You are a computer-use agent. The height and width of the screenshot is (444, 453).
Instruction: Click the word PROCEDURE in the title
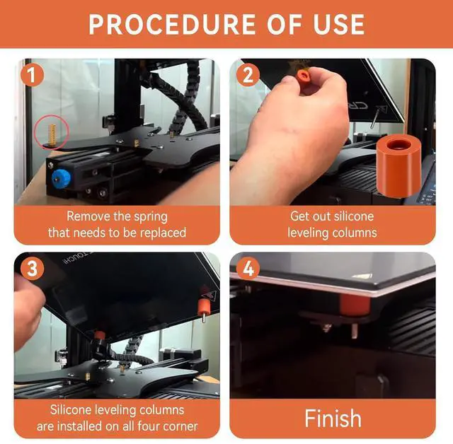[x=172, y=24]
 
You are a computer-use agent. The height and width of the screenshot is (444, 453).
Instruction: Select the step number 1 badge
[x=32, y=76]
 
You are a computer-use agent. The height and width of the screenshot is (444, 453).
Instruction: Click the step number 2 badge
[x=248, y=76]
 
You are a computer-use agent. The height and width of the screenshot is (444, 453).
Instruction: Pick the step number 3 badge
[x=32, y=269]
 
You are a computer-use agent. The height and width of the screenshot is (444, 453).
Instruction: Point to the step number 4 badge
[x=248, y=269]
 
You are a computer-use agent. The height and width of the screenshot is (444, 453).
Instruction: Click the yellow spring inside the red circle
[x=52, y=134]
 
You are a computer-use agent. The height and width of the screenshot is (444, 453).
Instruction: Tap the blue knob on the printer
[x=61, y=179]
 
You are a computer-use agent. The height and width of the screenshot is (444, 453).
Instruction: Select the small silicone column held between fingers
[x=303, y=78]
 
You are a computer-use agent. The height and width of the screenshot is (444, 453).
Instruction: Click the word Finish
[x=333, y=418]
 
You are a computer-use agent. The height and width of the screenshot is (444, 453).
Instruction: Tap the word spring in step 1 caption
[x=151, y=217]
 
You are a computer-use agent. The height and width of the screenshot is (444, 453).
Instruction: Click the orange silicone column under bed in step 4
[x=355, y=305]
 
